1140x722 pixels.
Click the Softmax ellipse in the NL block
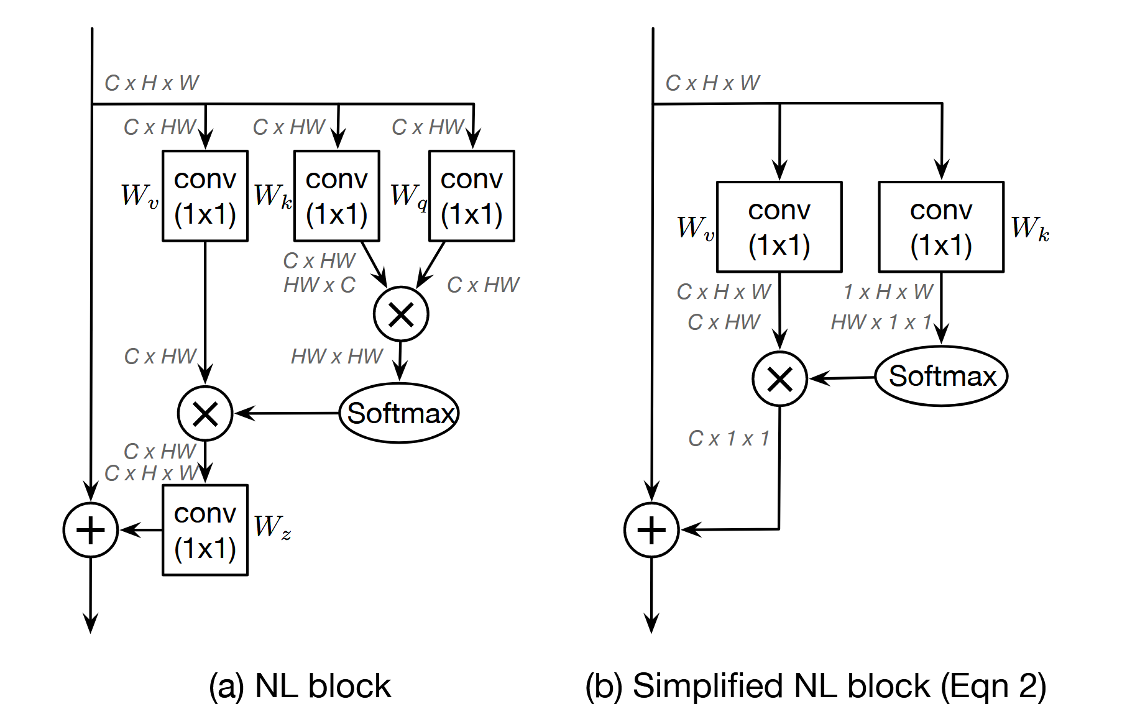pyautogui.click(x=399, y=413)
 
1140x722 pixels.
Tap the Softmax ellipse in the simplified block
pyautogui.click(x=941, y=377)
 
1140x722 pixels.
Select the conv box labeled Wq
pyautogui.click(x=472, y=196)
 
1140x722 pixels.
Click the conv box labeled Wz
pyautogui.click(x=205, y=530)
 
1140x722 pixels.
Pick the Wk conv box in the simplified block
pyautogui.click(x=941, y=227)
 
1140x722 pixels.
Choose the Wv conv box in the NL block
pyautogui.click(x=205, y=196)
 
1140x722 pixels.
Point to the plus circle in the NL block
pyautogui.click(x=91, y=530)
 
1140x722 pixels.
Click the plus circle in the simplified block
pyautogui.click(x=651, y=530)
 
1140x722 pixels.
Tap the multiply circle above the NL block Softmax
pyautogui.click(x=401, y=314)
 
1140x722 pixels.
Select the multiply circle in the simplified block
pyautogui.click(x=779, y=378)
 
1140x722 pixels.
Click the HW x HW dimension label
pyautogui.click(x=337, y=357)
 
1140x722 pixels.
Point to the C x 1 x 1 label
pyautogui.click(x=729, y=439)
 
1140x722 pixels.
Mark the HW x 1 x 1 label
pyautogui.click(x=881, y=322)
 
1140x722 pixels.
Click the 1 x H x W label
pyautogui.click(x=888, y=291)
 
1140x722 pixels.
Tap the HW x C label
pyautogui.click(x=319, y=285)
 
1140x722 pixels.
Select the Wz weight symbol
pyautogui.click(x=272, y=527)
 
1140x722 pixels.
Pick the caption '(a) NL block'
pyautogui.click(x=300, y=687)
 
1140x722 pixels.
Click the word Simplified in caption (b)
pyautogui.click(x=707, y=687)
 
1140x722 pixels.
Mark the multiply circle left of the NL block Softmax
pyautogui.click(x=205, y=413)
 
